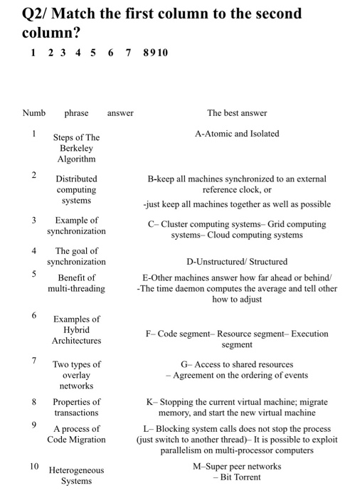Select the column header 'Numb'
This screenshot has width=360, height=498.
click(x=33, y=113)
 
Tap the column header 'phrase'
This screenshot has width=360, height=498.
click(x=76, y=113)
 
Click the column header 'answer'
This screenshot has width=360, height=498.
click(x=120, y=113)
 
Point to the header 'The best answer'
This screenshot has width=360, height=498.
click(x=237, y=113)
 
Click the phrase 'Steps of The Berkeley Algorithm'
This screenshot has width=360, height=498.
click(x=76, y=148)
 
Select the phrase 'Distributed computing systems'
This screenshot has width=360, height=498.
click(x=76, y=190)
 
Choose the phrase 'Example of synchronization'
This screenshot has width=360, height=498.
click(x=76, y=226)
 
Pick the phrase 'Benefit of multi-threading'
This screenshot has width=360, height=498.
click(x=76, y=282)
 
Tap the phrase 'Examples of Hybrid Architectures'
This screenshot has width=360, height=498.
click(x=76, y=330)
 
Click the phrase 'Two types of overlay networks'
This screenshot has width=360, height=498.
click(x=76, y=375)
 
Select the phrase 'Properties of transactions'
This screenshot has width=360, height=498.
click(x=76, y=407)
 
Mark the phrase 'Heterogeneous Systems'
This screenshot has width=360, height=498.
click(x=76, y=475)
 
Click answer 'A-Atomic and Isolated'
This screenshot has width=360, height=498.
click(x=237, y=134)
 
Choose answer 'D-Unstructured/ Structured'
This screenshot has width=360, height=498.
click(x=237, y=262)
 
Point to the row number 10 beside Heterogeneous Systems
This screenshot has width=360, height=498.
click(x=34, y=467)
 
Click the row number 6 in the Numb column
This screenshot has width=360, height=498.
click(x=33, y=315)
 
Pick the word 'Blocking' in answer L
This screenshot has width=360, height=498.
click(x=177, y=429)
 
